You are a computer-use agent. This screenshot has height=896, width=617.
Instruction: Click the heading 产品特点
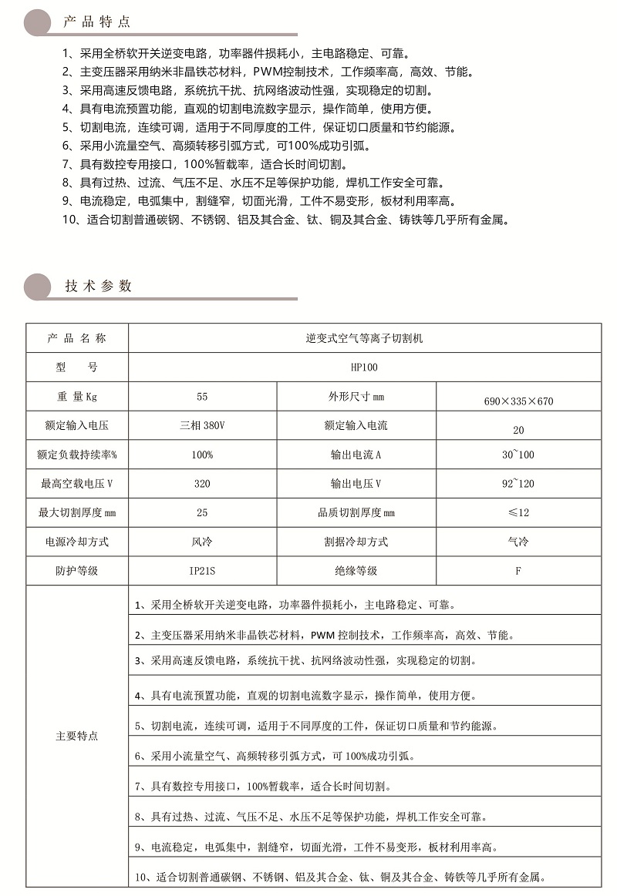[97, 22]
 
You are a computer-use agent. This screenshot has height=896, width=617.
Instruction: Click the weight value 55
[202, 397]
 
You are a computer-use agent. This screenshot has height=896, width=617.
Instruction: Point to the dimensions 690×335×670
[518, 401]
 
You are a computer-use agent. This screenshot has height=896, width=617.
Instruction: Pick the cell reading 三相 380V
[202, 425]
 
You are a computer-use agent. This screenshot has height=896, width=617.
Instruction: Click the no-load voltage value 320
[202, 484]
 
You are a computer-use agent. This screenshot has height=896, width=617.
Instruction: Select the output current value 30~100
[518, 455]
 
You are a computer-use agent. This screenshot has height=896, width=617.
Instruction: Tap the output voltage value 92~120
[518, 484]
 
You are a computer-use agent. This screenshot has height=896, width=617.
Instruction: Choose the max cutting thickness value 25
[202, 512]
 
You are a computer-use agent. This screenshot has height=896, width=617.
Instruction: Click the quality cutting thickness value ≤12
[518, 512]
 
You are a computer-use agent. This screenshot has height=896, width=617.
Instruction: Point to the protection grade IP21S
[202, 571]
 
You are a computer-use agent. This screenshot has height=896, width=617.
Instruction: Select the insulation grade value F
[518, 571]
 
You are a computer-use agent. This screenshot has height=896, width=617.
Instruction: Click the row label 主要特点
[77, 736]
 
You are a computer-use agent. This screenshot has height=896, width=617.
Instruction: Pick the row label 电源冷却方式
[77, 542]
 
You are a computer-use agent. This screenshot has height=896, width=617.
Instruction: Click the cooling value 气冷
[518, 542]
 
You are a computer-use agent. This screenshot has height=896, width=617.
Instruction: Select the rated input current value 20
[518, 430]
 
